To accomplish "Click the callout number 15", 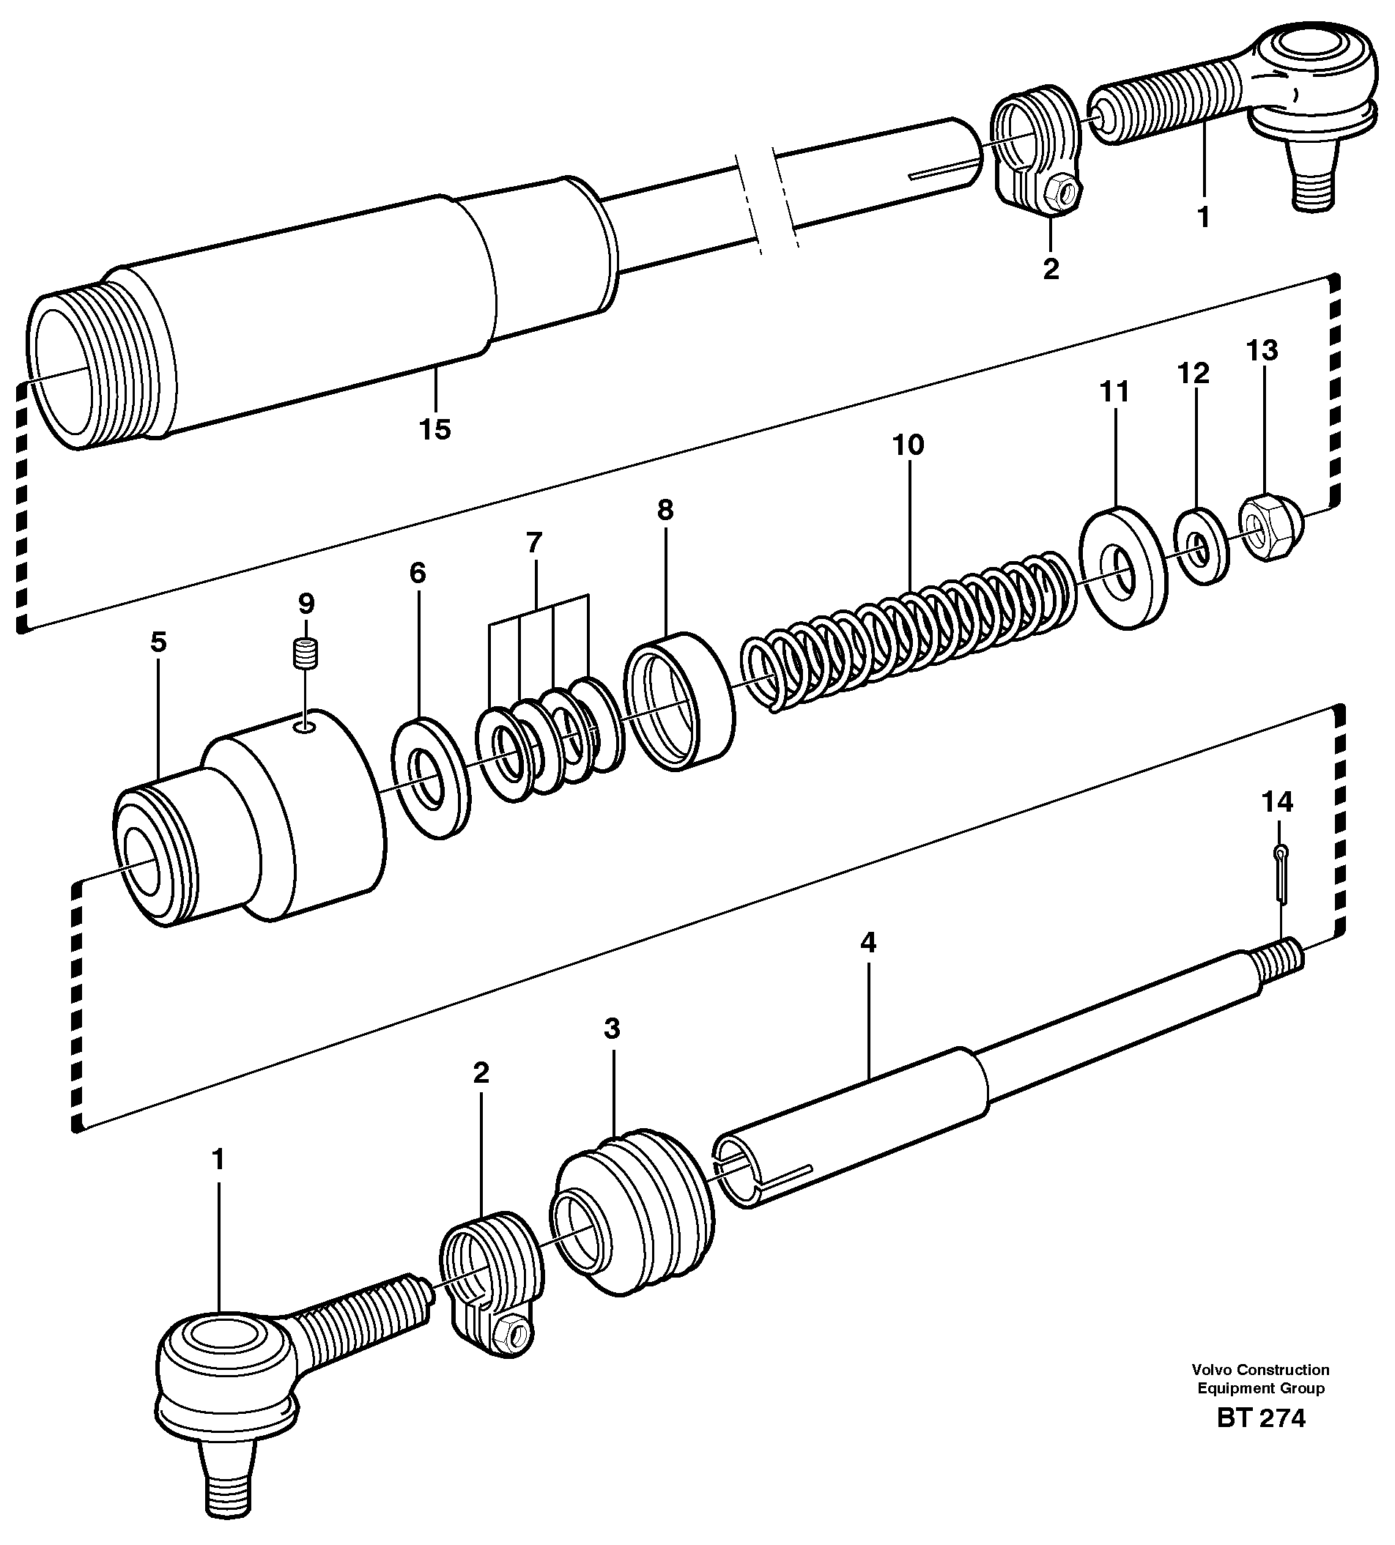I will point(434,429).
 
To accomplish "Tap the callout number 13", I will point(1262,350).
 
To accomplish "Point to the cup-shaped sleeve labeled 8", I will point(678,701).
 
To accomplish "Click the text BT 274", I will point(1260,1440).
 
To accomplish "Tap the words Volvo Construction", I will point(1260,1391).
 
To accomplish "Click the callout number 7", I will point(534,543).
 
